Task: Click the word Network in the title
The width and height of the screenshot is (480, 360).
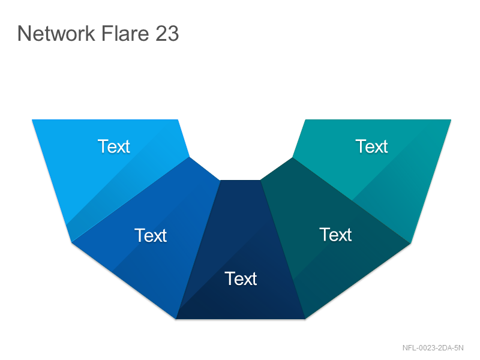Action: pos(56,33)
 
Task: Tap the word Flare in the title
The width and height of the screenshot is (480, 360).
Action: pos(125,33)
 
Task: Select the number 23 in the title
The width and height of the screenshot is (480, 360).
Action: pos(167,33)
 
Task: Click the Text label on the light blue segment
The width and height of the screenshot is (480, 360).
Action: pos(114,146)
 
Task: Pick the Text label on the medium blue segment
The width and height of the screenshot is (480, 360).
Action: pos(151,235)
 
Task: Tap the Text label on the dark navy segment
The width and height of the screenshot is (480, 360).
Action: pos(241,278)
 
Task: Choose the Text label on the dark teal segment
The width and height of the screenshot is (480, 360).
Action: pos(335,235)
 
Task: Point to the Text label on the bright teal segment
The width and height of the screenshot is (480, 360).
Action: pos(371,146)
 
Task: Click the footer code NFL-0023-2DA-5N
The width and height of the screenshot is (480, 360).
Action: pos(433,348)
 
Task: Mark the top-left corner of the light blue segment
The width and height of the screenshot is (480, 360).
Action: pos(32,119)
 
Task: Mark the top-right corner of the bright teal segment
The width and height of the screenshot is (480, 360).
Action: pos(451,119)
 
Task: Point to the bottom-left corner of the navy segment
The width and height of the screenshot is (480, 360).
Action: pos(176,319)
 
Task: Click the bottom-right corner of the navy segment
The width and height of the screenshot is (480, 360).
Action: pos(305,319)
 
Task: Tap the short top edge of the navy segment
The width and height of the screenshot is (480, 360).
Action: pos(241,181)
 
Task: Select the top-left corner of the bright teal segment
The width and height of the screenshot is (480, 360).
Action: pos(305,119)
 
